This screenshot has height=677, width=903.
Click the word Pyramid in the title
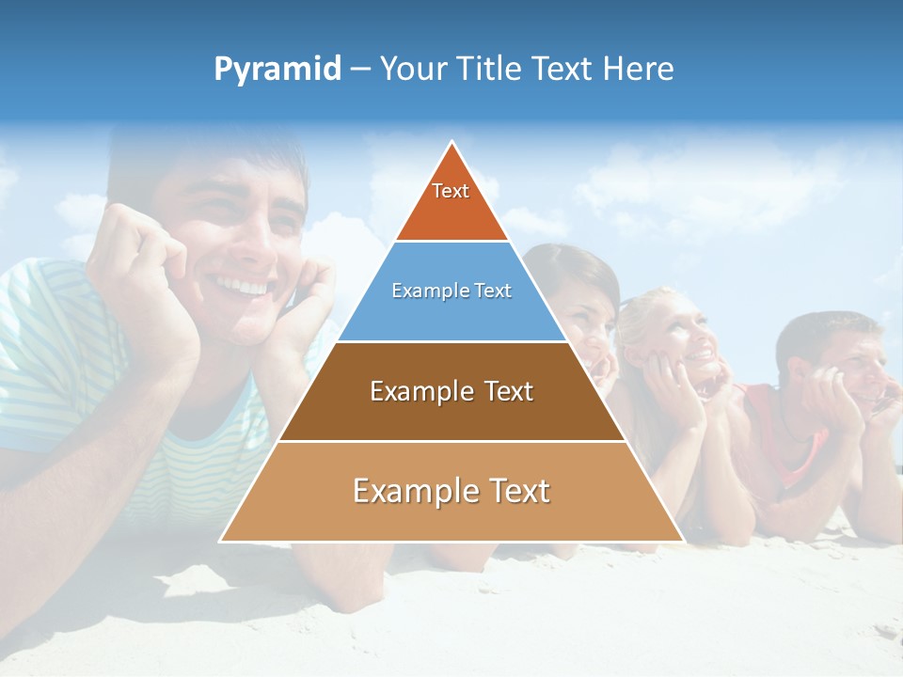(x=277, y=69)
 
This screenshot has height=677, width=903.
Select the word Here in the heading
(x=638, y=69)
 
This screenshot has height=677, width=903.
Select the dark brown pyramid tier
(x=451, y=414)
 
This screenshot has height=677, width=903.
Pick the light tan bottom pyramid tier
(x=451, y=512)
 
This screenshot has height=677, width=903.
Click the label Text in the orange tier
(x=451, y=191)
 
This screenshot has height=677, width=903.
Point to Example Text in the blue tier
(x=451, y=291)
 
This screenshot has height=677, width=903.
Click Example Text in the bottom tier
(x=451, y=491)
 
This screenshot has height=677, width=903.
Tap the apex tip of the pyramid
(x=452, y=144)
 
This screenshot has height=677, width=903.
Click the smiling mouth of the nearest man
(x=243, y=284)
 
